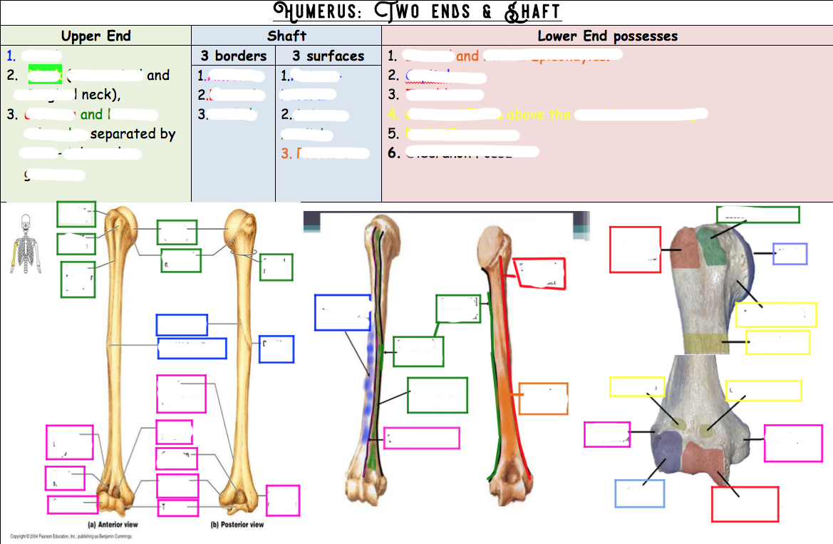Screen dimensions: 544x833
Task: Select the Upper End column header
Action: click(95, 36)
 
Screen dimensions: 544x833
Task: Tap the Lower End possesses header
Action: click(607, 36)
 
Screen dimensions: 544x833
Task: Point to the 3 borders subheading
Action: click(233, 56)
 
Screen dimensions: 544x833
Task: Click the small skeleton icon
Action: click(25, 240)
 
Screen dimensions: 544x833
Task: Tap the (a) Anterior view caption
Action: click(113, 525)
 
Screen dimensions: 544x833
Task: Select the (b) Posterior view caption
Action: click(237, 525)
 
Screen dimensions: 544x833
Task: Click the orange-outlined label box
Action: click(543, 399)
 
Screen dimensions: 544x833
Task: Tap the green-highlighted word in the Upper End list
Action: click(45, 75)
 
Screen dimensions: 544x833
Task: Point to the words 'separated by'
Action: click(133, 133)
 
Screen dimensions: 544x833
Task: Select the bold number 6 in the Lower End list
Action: click(392, 152)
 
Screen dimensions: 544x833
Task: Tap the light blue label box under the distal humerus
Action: click(639, 493)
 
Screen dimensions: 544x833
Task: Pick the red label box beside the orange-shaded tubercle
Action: click(635, 250)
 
